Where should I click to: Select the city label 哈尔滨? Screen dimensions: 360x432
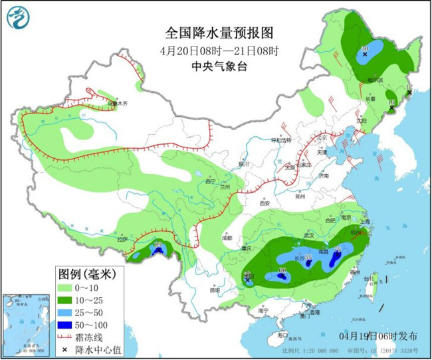pyautogui.click(x=376, y=80)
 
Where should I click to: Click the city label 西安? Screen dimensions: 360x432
pyautogui.click(x=265, y=203)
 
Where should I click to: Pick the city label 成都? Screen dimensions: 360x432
pyautogui.click(x=228, y=237)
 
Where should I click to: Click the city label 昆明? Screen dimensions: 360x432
pyautogui.click(x=213, y=290)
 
